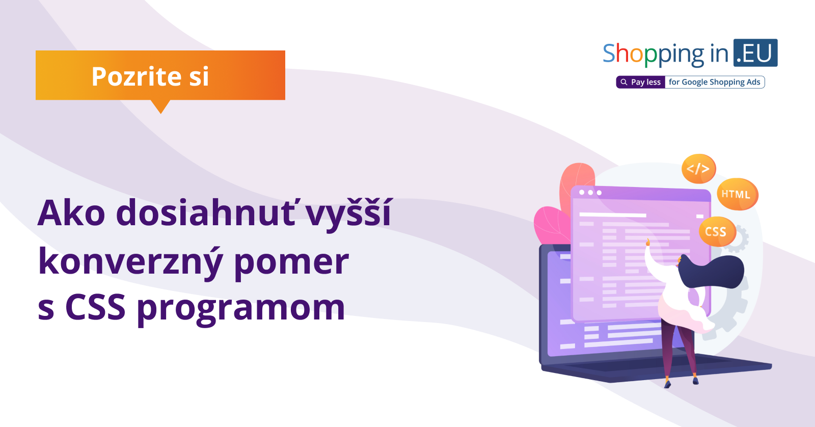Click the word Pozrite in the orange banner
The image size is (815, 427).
click(137, 76)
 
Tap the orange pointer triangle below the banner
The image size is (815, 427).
click(160, 106)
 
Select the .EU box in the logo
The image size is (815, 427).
click(755, 53)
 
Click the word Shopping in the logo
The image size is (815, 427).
click(654, 54)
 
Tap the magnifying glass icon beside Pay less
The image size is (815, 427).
click(623, 82)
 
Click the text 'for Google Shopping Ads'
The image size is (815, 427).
click(715, 82)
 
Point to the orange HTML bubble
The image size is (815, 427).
click(737, 194)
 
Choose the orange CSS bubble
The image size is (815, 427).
click(717, 231)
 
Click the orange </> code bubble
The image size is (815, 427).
click(698, 169)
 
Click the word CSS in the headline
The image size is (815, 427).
click(95, 307)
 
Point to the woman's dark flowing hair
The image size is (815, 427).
click(710, 271)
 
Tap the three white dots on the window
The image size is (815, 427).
click(590, 192)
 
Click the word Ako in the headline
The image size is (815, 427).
click(71, 213)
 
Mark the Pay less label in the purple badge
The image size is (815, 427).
click(646, 82)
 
